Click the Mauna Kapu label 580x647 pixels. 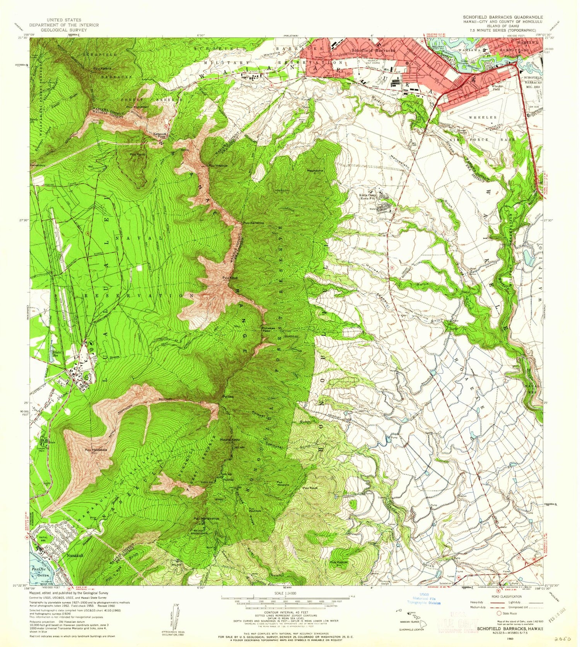point(230,440)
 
